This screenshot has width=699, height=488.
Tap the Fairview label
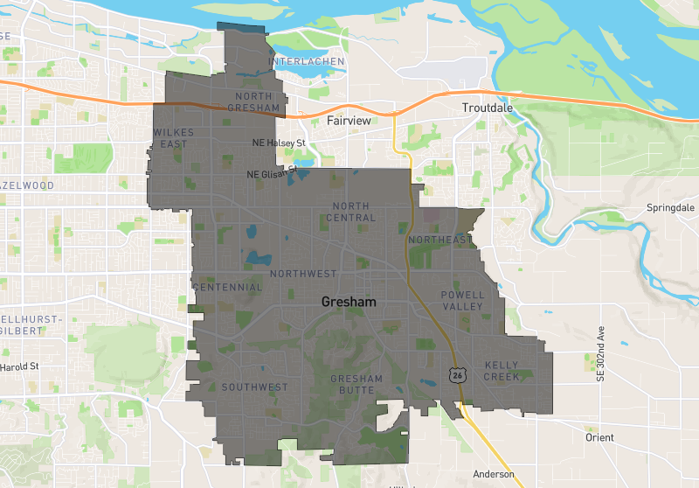tap(349, 121)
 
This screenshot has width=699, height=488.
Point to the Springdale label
tap(669, 208)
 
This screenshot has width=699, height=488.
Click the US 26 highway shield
tap(457, 374)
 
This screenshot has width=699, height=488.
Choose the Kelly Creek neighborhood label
tap(502, 371)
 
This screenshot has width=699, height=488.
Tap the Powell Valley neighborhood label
tap(462, 301)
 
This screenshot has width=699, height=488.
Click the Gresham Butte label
tap(356, 384)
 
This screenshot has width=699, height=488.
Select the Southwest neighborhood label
tap(254, 387)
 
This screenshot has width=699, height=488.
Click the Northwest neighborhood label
tap(303, 274)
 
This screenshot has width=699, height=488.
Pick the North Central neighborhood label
tap(354, 212)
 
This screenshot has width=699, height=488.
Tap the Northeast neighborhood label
tap(439, 240)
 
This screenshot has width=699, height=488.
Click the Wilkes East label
tap(173, 137)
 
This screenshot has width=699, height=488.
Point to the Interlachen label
tap(307, 62)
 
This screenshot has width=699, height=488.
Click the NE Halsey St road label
tap(279, 143)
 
